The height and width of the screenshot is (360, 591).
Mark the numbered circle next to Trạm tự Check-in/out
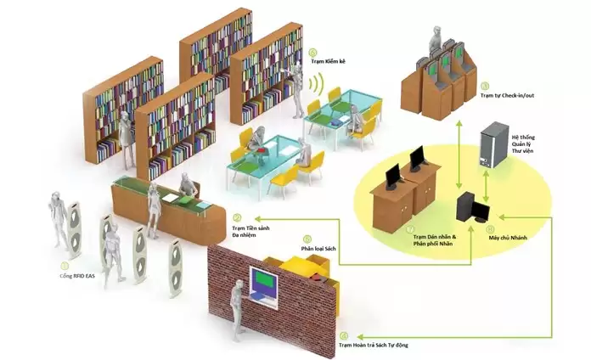tap(485, 86)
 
